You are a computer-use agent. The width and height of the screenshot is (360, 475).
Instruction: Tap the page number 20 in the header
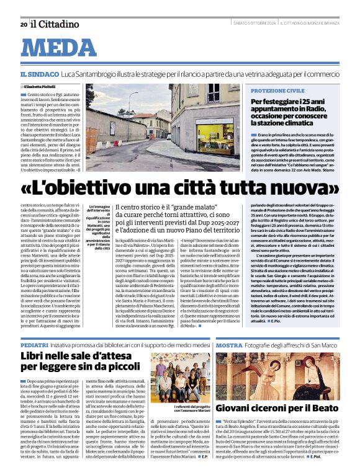pos(23,24)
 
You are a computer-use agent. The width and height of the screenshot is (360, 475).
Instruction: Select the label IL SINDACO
pos(40,75)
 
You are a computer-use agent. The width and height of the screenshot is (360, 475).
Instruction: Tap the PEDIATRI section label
pos(35,344)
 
